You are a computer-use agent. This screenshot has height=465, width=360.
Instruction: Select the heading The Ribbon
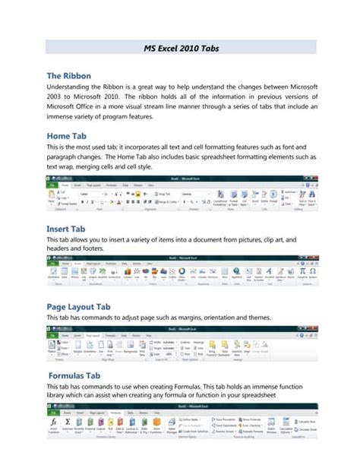coord(69,76)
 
